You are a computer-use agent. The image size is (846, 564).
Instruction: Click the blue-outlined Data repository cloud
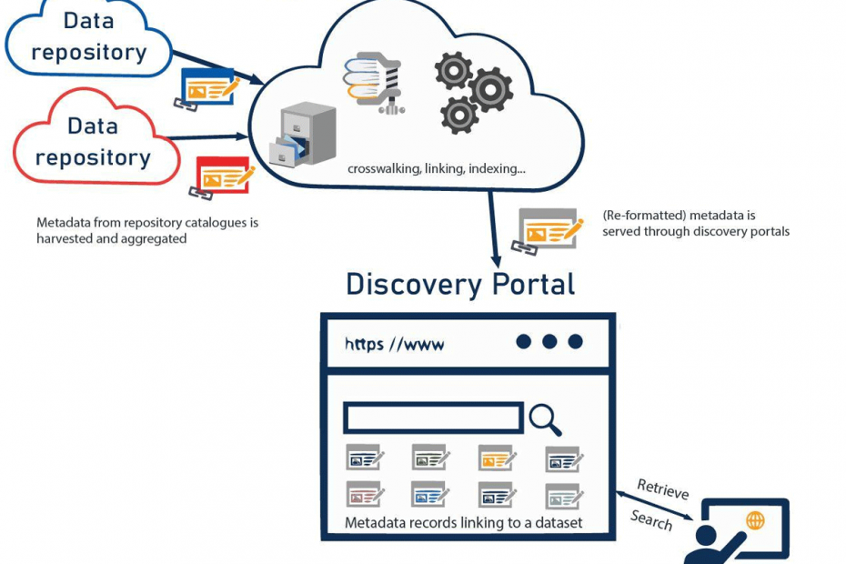pos(88,36)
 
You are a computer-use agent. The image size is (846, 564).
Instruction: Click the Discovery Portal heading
pos(460,284)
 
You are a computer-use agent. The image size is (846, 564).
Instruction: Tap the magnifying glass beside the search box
pos(544,419)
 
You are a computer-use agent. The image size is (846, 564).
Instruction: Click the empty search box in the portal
pos(433,418)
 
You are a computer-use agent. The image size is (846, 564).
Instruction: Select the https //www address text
pos(395,344)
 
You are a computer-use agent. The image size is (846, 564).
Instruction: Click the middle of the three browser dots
pos(549,342)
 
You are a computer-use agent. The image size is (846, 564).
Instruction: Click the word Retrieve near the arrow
pos(662,488)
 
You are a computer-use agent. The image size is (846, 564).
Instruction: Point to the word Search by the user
pos(651,520)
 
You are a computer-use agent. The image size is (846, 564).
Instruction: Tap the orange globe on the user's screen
pos(755,520)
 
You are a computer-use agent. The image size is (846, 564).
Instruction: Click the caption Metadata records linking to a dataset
pos(464,523)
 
